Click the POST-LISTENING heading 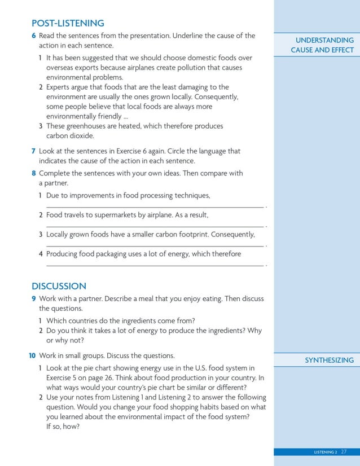click(68, 23)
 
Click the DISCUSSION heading click(59, 286)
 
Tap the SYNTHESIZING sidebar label click(329, 360)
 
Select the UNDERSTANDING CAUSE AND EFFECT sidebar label click(322, 45)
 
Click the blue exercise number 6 click(34, 36)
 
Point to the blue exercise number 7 click(34, 151)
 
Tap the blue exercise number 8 click(34, 173)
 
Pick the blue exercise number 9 click(34, 298)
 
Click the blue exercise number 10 click(33, 355)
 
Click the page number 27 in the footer click(344, 452)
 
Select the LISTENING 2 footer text click(325, 452)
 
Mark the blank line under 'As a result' click(154, 226)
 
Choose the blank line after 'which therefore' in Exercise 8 click(154, 265)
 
